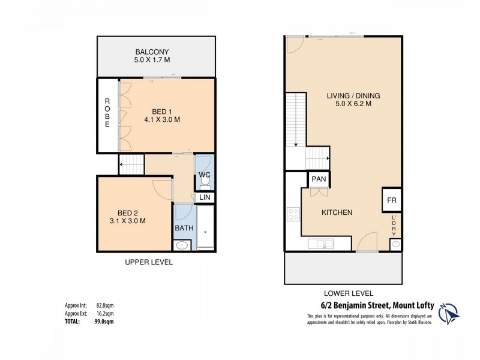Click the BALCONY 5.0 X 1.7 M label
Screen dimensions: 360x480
pyautogui.click(x=156, y=56)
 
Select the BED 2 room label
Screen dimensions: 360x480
pyautogui.click(x=131, y=217)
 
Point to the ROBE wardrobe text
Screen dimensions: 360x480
pyautogui.click(x=107, y=112)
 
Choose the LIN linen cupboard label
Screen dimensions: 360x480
pyautogui.click(x=205, y=197)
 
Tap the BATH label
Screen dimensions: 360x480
pyautogui.click(x=183, y=228)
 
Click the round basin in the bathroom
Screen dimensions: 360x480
pyautogui.click(x=182, y=244)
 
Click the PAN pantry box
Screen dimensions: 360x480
pyautogui.click(x=317, y=179)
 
